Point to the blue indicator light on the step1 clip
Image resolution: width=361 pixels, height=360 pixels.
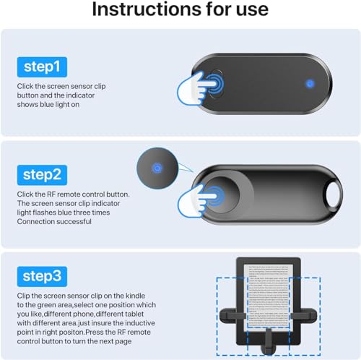pyautogui.click(x=308, y=84)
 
